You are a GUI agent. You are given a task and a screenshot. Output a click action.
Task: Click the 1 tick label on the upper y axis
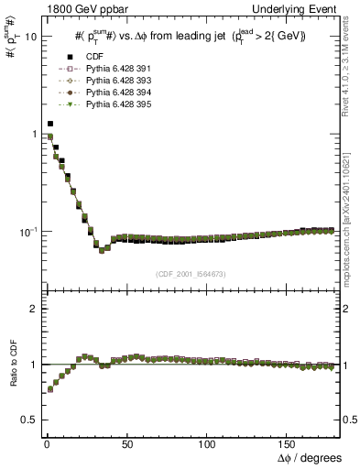coord(30,135)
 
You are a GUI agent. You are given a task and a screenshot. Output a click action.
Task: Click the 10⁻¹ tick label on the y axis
coord(26,231)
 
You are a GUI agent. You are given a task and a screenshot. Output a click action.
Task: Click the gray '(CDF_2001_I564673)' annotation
coord(189,274)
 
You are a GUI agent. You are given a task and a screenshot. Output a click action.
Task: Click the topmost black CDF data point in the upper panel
coord(49,123)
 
